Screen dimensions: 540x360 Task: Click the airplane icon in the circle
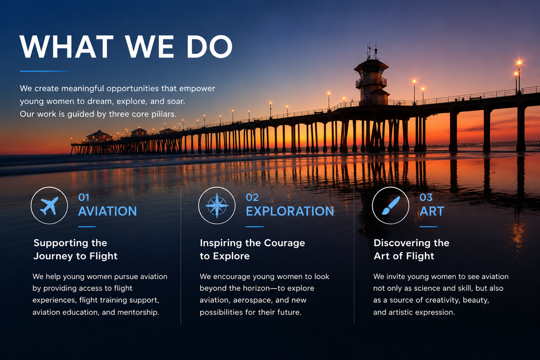(49, 206)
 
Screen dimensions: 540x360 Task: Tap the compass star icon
(217, 206)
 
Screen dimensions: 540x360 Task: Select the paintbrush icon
(390, 206)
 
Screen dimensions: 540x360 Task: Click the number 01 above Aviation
(84, 197)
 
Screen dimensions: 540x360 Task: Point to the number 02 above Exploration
(252, 197)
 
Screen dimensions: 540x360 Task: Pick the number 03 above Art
(426, 197)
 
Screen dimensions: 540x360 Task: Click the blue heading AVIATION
(107, 211)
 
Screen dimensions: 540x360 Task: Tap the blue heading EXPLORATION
(290, 211)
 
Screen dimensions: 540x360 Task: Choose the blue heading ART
(432, 211)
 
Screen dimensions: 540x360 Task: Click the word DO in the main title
(210, 46)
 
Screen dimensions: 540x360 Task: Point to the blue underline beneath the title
(45, 71)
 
